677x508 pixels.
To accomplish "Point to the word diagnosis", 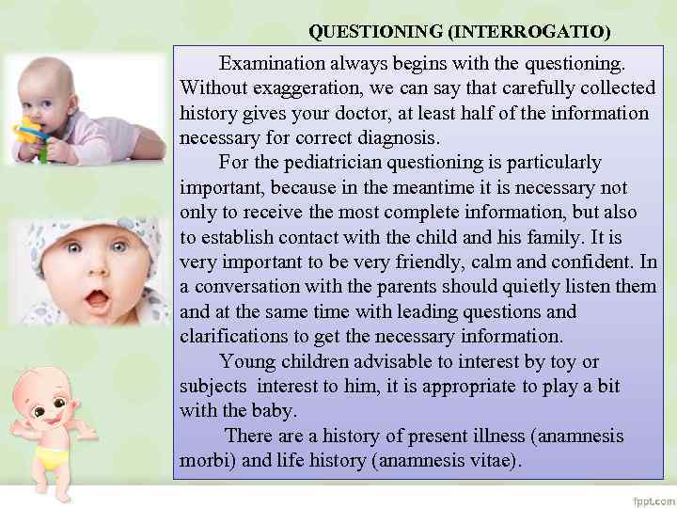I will tap(386, 137).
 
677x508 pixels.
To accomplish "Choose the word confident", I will tap(584, 262).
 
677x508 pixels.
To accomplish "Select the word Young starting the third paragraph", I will tap(245, 361).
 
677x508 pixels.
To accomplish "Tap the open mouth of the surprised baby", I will tap(96, 302).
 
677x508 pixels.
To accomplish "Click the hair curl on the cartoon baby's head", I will tap(56, 373).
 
